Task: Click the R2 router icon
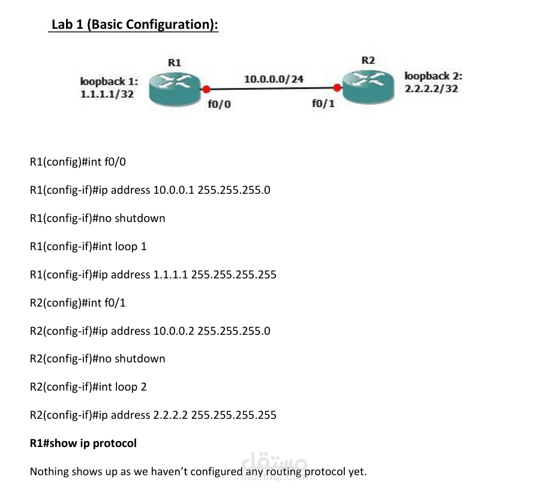coord(366,85)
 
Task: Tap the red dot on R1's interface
coord(206,89)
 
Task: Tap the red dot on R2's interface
coord(338,88)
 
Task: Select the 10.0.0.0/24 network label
coord(274,79)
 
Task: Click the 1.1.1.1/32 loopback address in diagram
coord(107,94)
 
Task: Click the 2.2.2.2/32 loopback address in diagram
coord(431,88)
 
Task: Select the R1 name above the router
coord(174,62)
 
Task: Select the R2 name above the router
coord(368,60)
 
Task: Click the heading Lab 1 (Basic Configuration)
coord(134,25)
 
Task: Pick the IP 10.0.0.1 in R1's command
coord(174,190)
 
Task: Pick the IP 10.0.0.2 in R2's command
coord(174,331)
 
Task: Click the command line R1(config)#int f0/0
coord(78,162)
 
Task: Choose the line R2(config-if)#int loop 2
coord(88,387)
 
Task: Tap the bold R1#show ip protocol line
coord(83,443)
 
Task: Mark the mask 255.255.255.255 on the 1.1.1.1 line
coord(233,275)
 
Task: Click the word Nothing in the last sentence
coord(49,472)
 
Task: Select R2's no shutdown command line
coord(97,359)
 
